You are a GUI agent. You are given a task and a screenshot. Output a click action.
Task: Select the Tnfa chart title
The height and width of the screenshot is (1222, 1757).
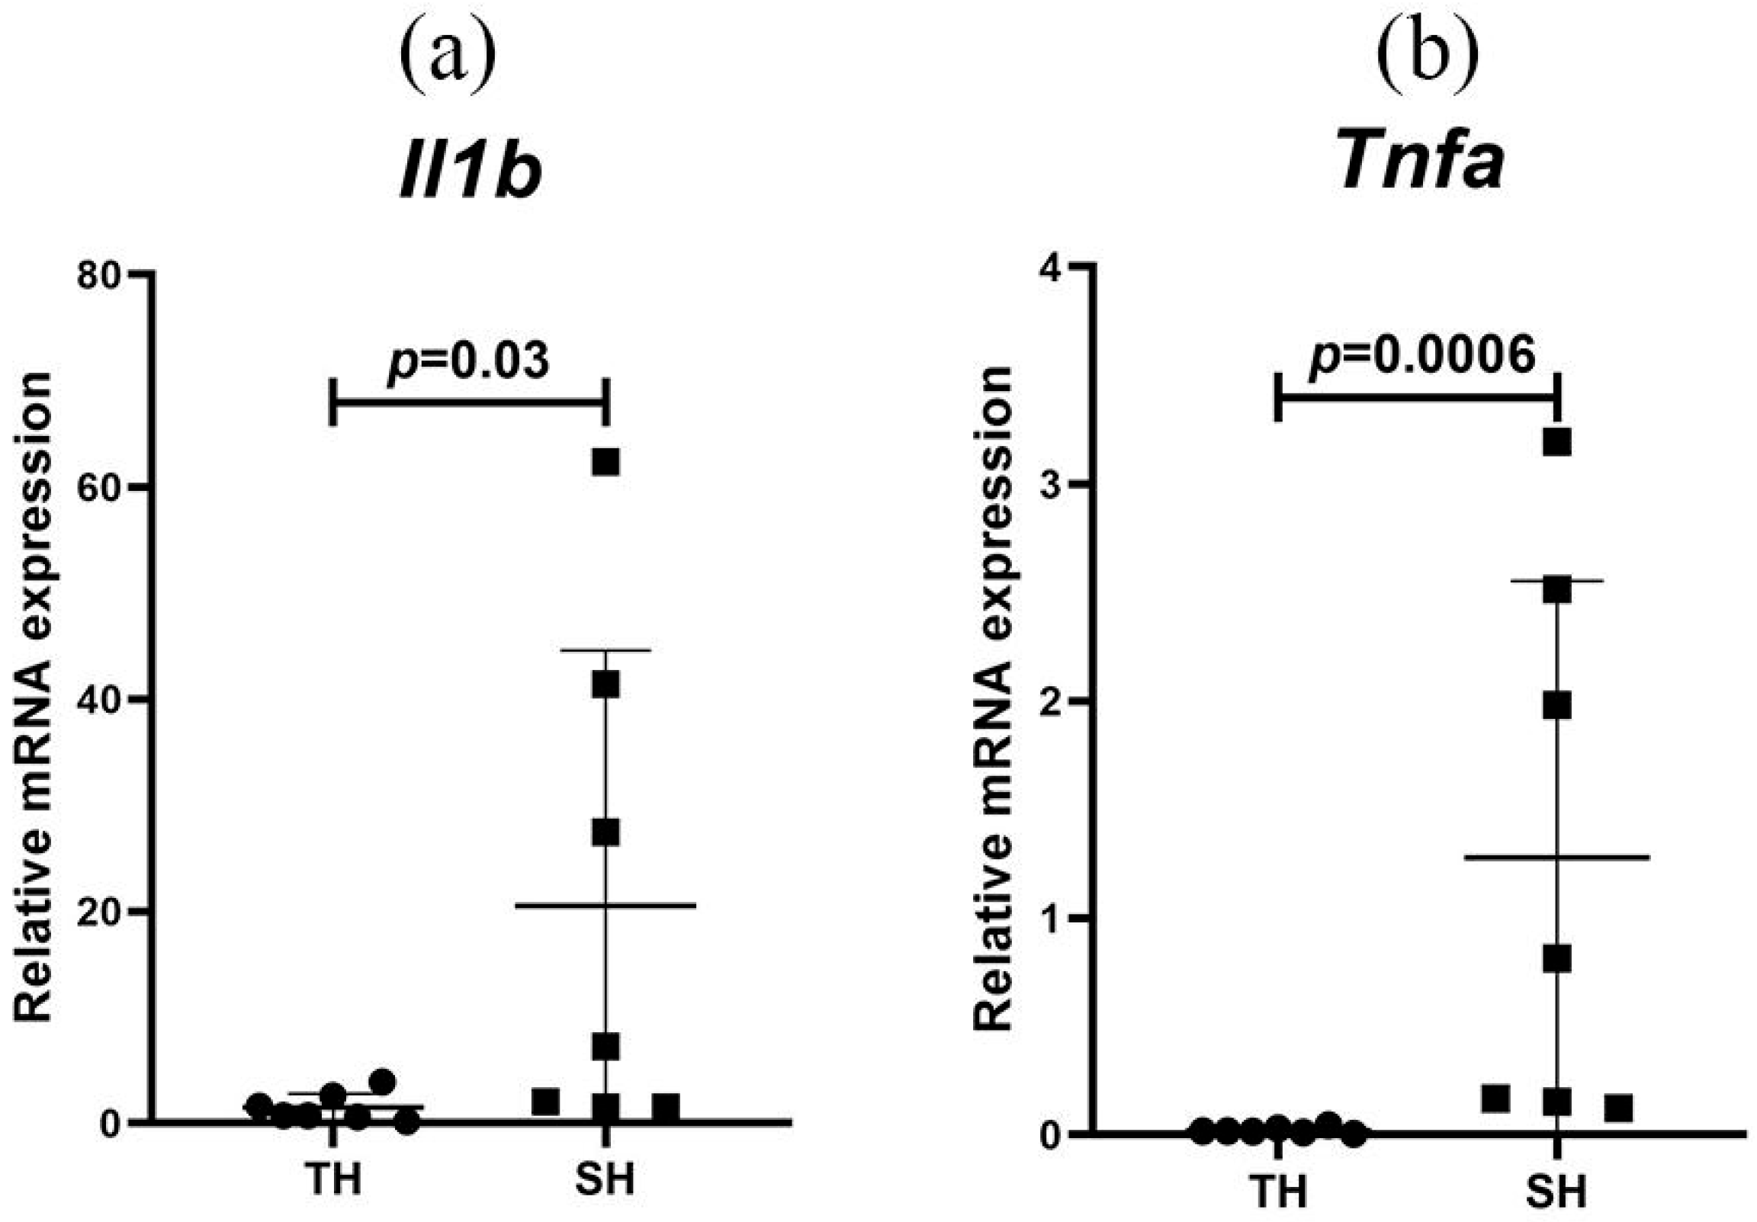click(1421, 163)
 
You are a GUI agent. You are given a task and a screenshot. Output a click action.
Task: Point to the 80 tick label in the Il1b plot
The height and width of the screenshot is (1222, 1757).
click(99, 274)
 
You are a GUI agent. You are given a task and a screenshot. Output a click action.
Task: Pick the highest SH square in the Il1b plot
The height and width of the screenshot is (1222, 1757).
click(605, 463)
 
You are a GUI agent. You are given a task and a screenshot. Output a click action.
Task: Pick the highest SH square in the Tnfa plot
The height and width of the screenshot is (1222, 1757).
click(1556, 442)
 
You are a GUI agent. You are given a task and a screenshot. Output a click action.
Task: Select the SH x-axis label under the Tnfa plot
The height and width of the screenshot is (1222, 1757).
click(1556, 1191)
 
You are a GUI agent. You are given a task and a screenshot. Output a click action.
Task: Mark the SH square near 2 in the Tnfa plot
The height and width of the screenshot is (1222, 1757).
click(1556, 705)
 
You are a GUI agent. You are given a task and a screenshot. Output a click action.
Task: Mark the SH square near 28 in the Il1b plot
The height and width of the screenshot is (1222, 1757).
click(605, 833)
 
